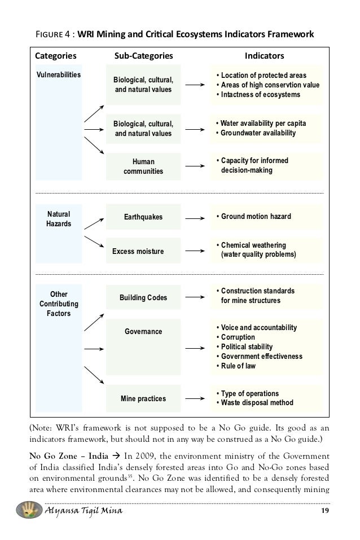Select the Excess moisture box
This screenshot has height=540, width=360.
pyautogui.click(x=138, y=251)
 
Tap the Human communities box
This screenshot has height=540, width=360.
pyautogui.click(x=143, y=166)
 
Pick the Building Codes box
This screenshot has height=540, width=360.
pyautogui.click(x=143, y=297)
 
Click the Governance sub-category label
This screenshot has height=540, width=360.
pyautogui.click(x=143, y=331)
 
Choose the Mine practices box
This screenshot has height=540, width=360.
pyautogui.click(x=143, y=398)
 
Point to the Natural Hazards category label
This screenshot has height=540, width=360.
pyautogui.click(x=59, y=218)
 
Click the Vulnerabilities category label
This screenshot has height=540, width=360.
pyautogui.click(x=59, y=74)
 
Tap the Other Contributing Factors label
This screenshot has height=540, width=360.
pyautogui.click(x=59, y=304)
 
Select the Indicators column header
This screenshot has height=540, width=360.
pyautogui.click(x=264, y=56)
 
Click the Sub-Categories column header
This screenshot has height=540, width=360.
pyautogui.click(x=144, y=56)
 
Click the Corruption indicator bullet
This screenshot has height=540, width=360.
pyautogui.click(x=239, y=337)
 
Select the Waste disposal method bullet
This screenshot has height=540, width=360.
pyautogui.click(x=257, y=403)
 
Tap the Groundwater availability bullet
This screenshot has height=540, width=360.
pyautogui.click(x=260, y=133)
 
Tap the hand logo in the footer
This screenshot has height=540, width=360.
pyautogui.click(x=25, y=510)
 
